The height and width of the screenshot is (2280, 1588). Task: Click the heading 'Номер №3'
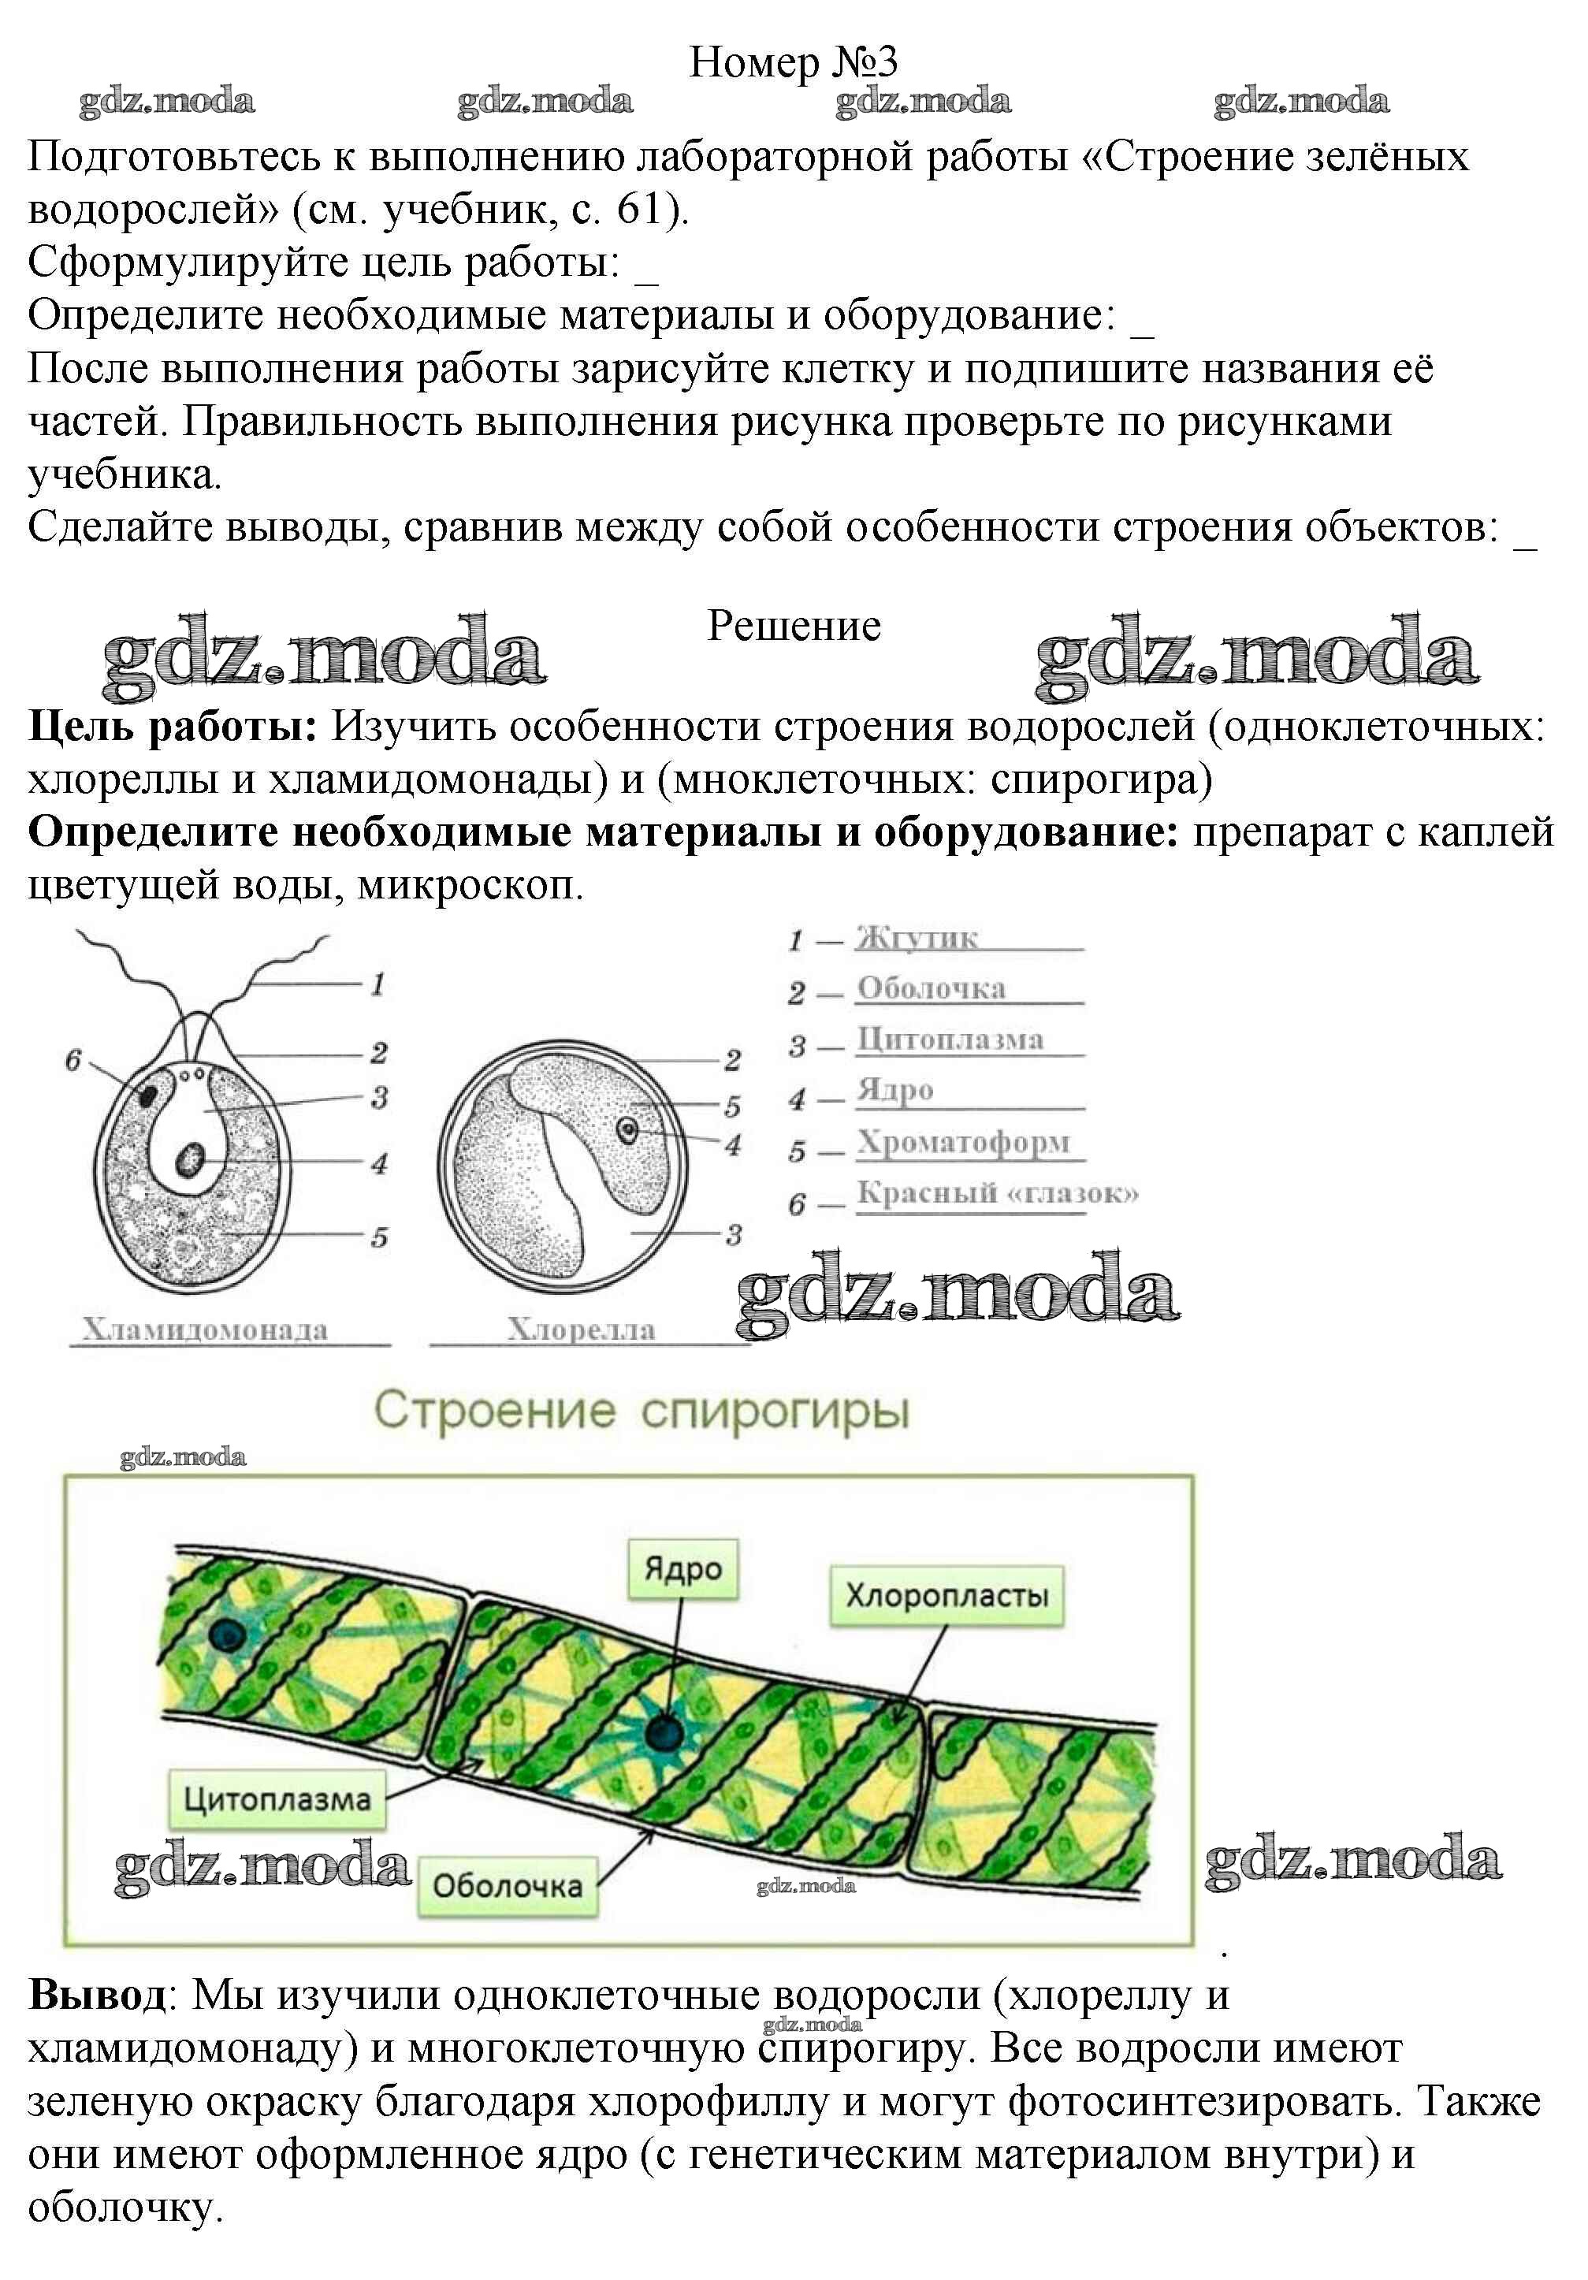pyautogui.click(x=793, y=61)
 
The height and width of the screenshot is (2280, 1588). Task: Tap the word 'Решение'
pyautogui.click(x=794, y=627)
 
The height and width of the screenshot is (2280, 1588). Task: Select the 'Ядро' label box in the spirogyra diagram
pyautogui.click(x=682, y=1569)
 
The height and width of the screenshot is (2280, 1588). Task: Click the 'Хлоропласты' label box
pyautogui.click(x=946, y=1595)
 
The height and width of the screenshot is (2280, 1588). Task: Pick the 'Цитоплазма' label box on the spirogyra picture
pyautogui.click(x=277, y=1798)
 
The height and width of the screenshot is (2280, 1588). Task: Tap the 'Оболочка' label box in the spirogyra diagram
pyautogui.click(x=508, y=1885)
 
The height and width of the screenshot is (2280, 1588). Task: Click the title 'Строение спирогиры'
pyautogui.click(x=641, y=1410)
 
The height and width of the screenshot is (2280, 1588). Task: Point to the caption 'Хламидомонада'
pyautogui.click(x=205, y=1329)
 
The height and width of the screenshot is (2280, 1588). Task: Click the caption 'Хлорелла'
pyautogui.click(x=581, y=1329)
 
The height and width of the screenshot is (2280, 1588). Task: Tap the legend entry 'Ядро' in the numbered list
pyautogui.click(x=894, y=1089)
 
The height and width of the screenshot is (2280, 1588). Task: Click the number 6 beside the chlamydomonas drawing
pyautogui.click(x=73, y=1061)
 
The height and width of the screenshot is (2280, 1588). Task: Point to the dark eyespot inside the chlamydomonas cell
pyautogui.click(x=148, y=1095)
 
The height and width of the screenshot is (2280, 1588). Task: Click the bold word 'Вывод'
pyautogui.click(x=97, y=1994)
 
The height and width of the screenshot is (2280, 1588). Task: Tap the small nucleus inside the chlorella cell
pyautogui.click(x=627, y=1129)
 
